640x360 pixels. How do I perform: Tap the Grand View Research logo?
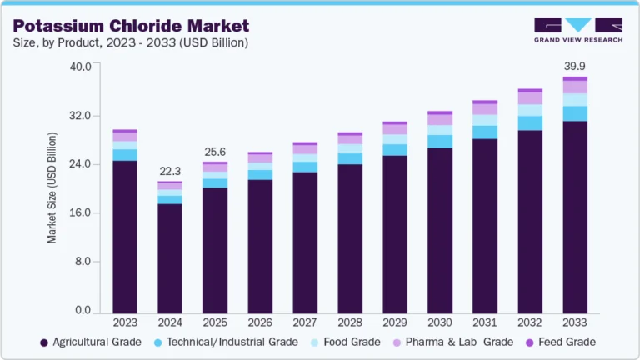click(577, 30)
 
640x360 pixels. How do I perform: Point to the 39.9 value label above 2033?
click(575, 66)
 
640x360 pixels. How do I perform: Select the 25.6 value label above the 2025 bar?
click(215, 152)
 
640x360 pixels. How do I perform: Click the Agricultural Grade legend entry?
click(87, 342)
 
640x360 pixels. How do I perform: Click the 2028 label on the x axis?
click(350, 322)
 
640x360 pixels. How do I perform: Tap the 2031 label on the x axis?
click(485, 322)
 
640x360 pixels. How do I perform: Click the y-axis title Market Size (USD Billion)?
click(52, 187)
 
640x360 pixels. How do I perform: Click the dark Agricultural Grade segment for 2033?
click(575, 217)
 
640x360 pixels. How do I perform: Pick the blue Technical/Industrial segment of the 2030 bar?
click(440, 142)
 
